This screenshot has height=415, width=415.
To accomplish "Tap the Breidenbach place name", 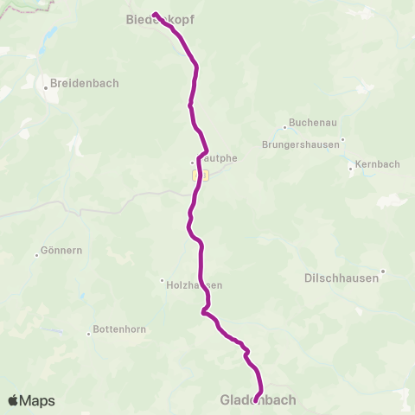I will [x=84, y=84].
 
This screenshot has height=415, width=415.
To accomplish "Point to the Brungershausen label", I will [x=303, y=144].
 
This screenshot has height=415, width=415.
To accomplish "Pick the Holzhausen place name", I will [x=195, y=285].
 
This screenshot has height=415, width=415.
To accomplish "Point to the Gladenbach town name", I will [x=258, y=400].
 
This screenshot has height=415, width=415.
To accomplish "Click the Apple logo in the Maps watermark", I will [x=14, y=400].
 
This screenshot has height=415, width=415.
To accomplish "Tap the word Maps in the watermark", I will [x=38, y=400].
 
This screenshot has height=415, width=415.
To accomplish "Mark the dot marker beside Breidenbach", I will [x=45, y=87].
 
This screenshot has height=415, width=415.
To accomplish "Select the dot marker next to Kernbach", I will [x=350, y=169].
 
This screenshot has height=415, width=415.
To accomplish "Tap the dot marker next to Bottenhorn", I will [x=89, y=332].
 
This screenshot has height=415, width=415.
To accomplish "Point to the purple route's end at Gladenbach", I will [x=255, y=399].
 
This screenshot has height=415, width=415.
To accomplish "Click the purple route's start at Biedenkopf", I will [x=154, y=14].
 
